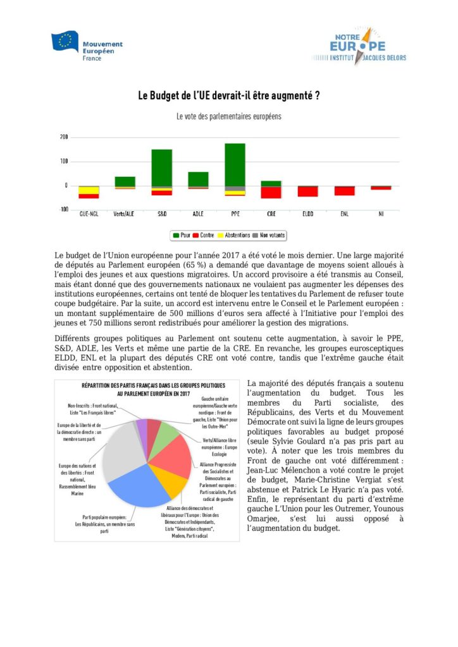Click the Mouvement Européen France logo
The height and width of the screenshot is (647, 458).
[87, 44]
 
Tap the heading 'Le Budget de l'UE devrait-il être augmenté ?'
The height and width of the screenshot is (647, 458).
[228, 97]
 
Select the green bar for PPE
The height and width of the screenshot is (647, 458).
[235, 165]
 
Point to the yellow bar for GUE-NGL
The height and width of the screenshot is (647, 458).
[89, 190]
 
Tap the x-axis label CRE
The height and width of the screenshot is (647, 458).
[271, 214]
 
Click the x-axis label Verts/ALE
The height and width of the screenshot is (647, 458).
[125, 214]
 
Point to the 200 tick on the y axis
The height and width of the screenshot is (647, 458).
[64, 137]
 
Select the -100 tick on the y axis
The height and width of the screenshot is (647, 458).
[63, 209]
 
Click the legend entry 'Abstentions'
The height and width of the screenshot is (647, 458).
[233, 235]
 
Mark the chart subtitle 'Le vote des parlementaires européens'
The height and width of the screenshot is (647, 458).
[228, 117]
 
